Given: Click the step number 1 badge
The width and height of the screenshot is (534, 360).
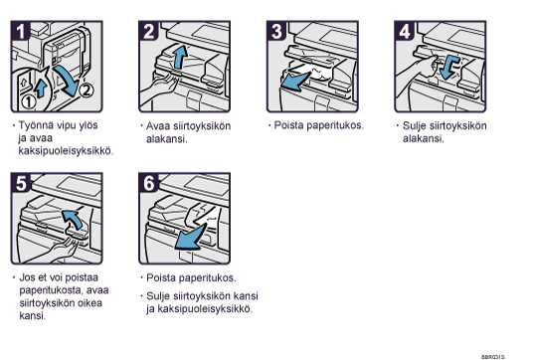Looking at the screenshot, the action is click(21, 31).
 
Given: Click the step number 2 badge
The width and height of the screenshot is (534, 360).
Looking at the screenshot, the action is click(148, 31).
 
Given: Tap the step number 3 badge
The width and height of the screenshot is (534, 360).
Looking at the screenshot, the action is click(276, 31).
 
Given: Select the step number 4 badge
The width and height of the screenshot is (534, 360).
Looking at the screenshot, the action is click(405, 31).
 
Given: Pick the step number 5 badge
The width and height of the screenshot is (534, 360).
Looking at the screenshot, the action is click(21, 183).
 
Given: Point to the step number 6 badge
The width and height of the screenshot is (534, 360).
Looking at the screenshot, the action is click(148, 183).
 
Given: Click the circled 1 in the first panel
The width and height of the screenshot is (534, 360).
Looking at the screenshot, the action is click(29, 101).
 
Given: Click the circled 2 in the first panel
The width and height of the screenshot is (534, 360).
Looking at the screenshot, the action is click(86, 90).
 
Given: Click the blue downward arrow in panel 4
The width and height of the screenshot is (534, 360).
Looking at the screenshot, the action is click(448, 68).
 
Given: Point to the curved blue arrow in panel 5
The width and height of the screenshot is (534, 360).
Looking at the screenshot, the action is click(74, 219).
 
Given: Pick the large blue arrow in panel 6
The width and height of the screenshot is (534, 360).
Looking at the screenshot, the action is click(191, 237).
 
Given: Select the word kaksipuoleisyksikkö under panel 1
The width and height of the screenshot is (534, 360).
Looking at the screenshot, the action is click(66, 151).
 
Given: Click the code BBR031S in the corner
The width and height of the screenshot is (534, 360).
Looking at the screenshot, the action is click(493, 357).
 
